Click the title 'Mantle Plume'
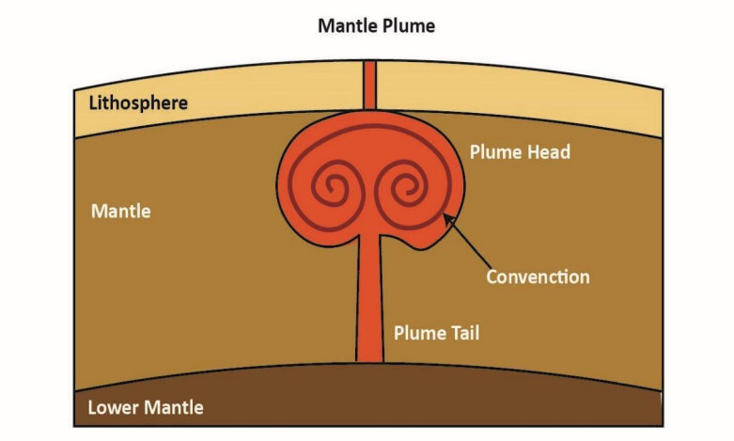pos(376,25)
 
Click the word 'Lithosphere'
pos(137,102)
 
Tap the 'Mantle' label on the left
pos(120,211)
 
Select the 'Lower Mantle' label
pos(145,407)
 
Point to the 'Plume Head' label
pos(519,151)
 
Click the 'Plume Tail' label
pos(435,332)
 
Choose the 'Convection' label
pos(538,276)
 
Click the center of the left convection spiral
pos(331,187)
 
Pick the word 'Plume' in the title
pos(408,25)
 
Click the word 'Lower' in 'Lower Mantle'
pos(114,407)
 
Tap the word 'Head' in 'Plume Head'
pos(549,151)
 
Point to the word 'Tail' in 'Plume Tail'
pos(461,332)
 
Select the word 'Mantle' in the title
pos(347,25)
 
